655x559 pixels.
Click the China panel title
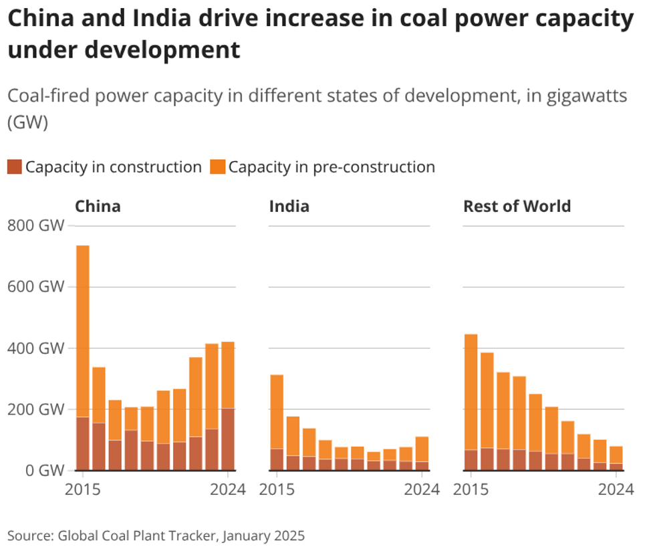tap(98, 206)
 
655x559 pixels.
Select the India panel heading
tap(289, 206)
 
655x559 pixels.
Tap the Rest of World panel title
tap(517, 206)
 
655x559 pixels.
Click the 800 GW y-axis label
tap(36, 226)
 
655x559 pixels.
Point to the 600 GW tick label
tap(36, 288)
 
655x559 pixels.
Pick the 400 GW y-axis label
tap(36, 348)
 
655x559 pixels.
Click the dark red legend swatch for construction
tap(15, 167)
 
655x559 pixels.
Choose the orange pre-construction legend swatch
tap(218, 167)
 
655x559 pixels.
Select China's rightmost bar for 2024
tap(228, 401)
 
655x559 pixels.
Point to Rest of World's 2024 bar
tap(616, 458)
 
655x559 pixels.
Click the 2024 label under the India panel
tap(422, 489)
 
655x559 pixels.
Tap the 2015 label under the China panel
tap(83, 489)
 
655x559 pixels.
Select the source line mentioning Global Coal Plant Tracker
tap(156, 536)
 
